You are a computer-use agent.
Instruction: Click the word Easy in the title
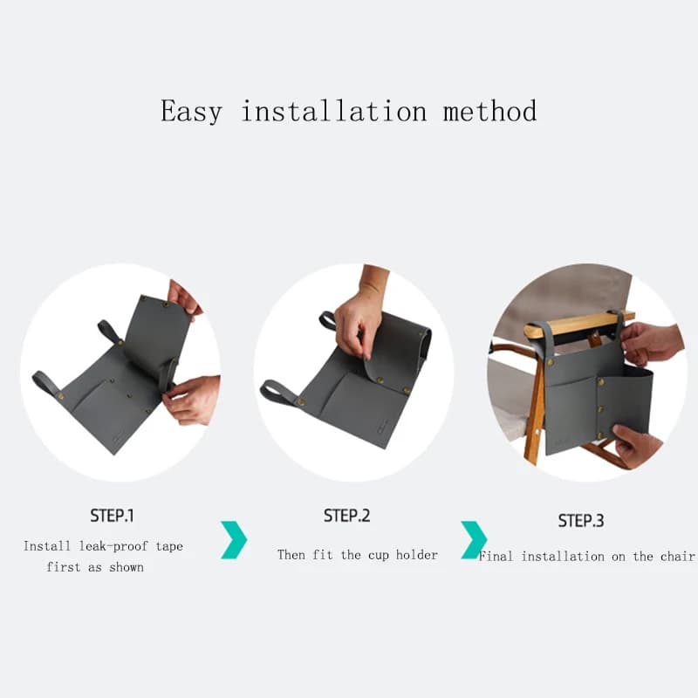(191, 112)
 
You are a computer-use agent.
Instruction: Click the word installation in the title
(334, 111)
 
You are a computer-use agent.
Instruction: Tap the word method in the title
(489, 111)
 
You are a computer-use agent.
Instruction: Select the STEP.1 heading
(112, 516)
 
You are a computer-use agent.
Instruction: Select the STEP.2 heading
(346, 516)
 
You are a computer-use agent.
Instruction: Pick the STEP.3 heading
(581, 520)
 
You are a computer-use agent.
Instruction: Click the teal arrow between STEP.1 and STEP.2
(234, 539)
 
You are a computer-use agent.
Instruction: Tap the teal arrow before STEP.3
(474, 539)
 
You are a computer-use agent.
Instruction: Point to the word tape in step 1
(169, 547)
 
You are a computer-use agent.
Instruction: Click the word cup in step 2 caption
(378, 556)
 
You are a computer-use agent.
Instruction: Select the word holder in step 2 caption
(417, 555)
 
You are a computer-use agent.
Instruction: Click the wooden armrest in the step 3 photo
(578, 325)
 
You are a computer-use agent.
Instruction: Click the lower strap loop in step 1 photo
(46, 383)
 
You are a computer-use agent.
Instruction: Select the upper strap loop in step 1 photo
(110, 332)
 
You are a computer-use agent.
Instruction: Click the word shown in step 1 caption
(127, 567)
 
